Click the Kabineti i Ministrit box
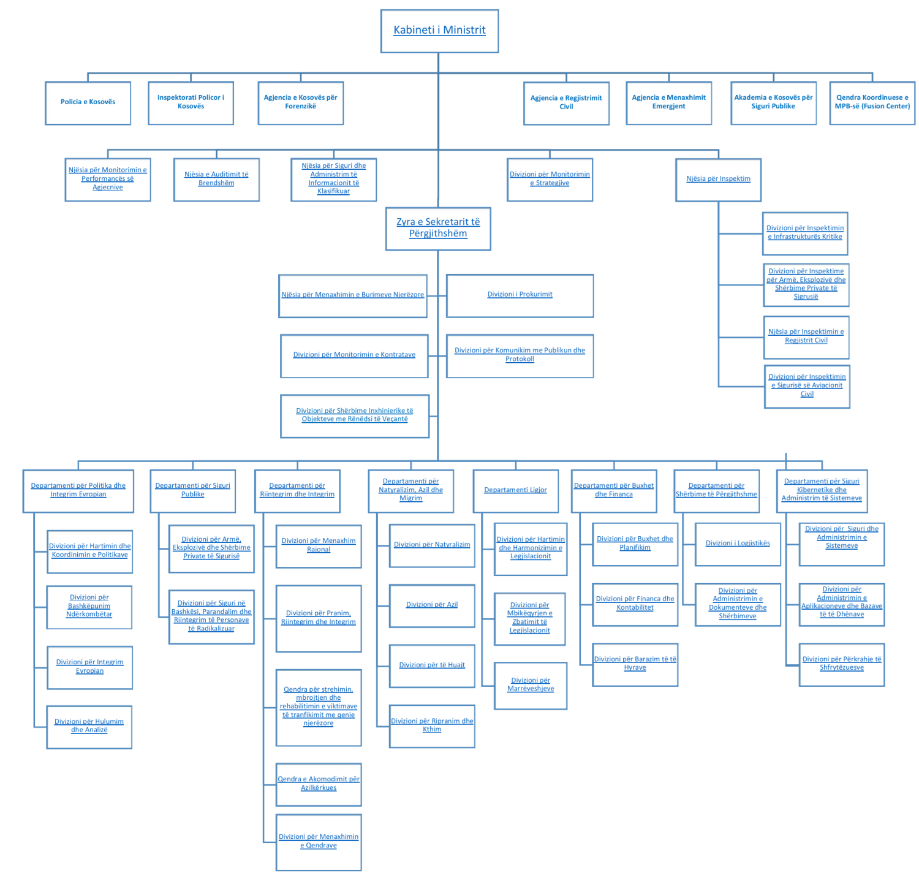point(439,31)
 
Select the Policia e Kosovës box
point(88,103)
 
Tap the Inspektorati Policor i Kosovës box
point(191,103)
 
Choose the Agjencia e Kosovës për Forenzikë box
point(301,103)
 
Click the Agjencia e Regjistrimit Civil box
point(566,104)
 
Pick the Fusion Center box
point(872,103)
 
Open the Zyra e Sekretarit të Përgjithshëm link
point(438,228)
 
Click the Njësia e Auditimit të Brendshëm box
point(216,180)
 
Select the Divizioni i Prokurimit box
point(520,296)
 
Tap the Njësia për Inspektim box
point(718,180)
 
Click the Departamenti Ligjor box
point(516,491)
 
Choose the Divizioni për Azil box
point(432,605)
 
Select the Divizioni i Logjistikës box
point(738,544)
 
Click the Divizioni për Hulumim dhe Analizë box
point(89,727)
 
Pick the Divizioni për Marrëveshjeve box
point(531,686)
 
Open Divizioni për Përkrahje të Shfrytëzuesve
point(841,664)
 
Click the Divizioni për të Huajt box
point(432,666)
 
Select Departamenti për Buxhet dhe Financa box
point(614,491)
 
